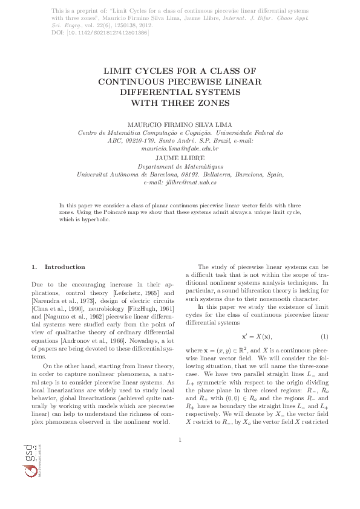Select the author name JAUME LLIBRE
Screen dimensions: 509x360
tap(180, 158)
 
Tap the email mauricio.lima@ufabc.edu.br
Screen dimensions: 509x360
tap(180, 148)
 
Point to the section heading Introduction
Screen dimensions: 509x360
tap(65, 267)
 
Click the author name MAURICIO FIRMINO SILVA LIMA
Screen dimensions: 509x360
tap(180, 125)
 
